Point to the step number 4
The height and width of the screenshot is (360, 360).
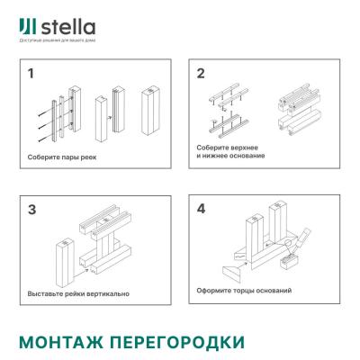(201, 210)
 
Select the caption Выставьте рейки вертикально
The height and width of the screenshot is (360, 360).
(79, 293)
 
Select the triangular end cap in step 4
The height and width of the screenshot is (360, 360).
(235, 269)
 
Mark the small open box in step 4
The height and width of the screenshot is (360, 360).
(290, 260)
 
